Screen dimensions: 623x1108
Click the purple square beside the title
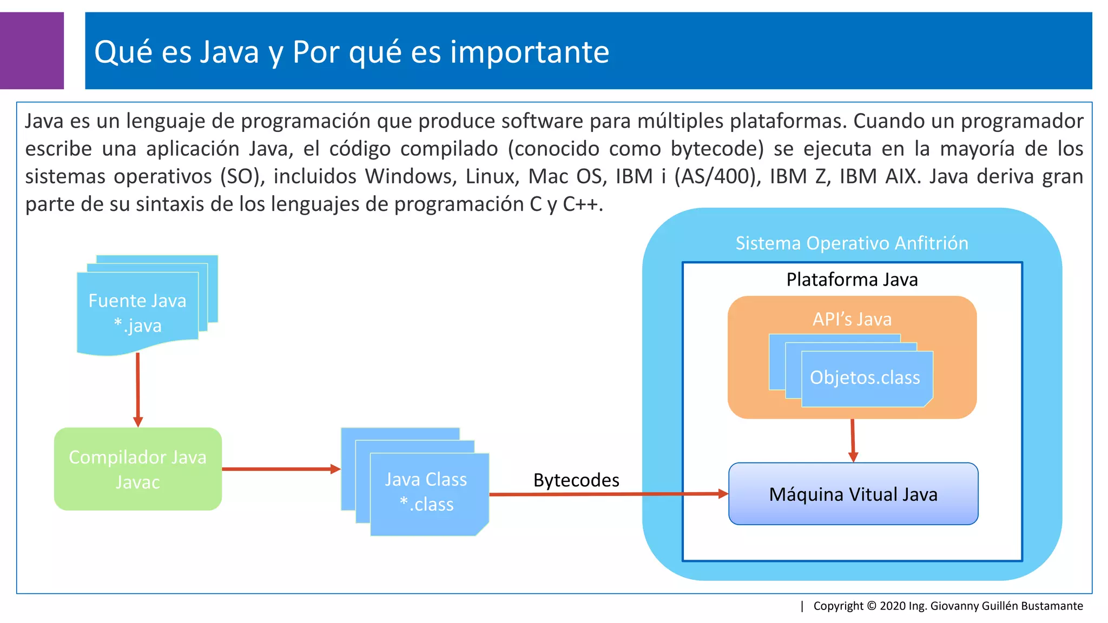[x=31, y=50]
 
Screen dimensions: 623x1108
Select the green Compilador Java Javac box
[x=137, y=469]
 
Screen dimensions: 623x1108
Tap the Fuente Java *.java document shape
[x=137, y=313]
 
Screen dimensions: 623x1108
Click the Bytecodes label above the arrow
[x=576, y=480]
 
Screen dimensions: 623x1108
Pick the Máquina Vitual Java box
[x=853, y=494]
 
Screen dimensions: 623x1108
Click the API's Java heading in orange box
[x=852, y=319]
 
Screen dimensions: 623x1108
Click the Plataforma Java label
[x=852, y=280]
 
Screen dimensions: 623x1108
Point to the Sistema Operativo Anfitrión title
[x=852, y=243]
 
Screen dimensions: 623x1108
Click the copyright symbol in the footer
[x=872, y=606]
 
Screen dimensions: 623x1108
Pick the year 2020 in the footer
[x=893, y=606]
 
